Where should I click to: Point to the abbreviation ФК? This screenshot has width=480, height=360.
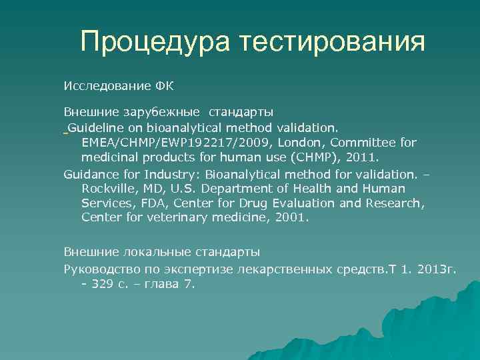(x=164, y=86)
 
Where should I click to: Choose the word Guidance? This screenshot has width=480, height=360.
(x=92, y=173)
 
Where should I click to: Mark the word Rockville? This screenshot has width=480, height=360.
(x=108, y=188)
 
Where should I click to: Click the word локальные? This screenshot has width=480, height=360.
(x=157, y=252)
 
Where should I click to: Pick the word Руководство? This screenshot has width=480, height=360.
(x=97, y=268)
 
